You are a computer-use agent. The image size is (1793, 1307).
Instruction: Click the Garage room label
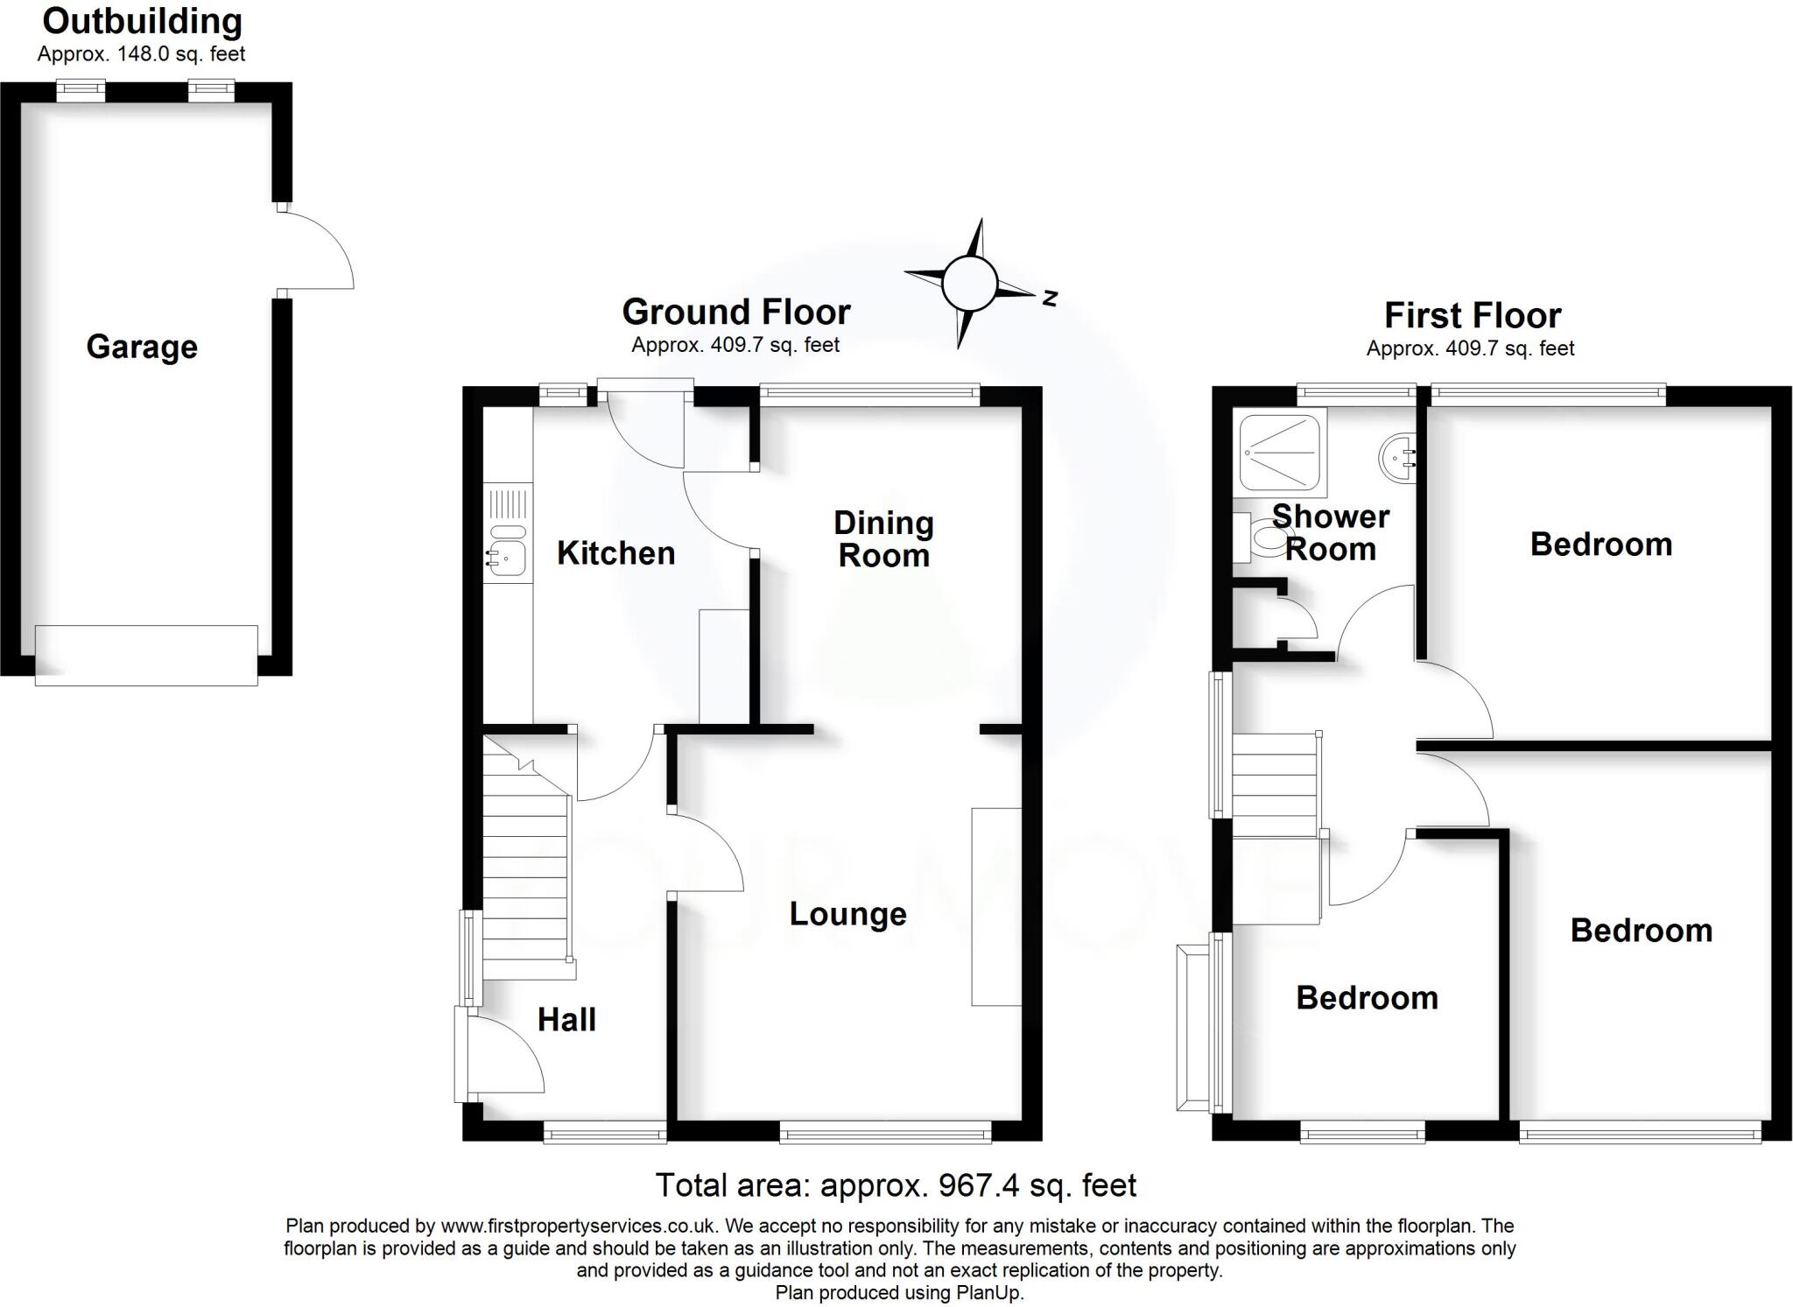(x=142, y=347)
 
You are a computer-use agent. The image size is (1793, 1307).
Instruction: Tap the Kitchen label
(x=615, y=553)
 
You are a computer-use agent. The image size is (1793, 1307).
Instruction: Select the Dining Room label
(x=883, y=538)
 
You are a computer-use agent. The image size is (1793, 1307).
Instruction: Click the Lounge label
(x=847, y=914)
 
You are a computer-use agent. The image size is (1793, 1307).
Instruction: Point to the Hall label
(x=566, y=1020)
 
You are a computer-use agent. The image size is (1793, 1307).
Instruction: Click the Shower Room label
(x=1330, y=532)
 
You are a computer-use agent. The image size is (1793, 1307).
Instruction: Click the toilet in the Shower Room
(x=1257, y=536)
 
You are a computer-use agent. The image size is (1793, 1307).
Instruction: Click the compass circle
(x=969, y=284)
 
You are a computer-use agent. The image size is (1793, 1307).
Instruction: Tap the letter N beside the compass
(x=1050, y=299)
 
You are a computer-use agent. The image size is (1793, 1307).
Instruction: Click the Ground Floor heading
(x=735, y=312)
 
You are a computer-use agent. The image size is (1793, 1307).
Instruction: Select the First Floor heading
(x=1472, y=315)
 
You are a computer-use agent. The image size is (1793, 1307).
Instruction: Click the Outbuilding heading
(x=142, y=21)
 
